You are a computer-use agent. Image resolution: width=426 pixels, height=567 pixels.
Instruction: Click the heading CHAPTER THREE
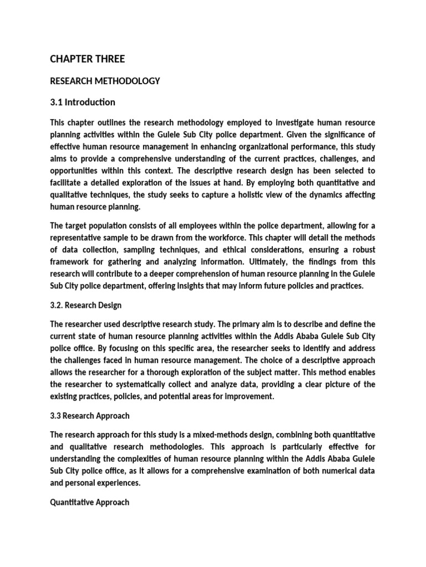point(87,59)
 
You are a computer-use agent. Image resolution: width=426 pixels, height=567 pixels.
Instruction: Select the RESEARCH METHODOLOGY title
point(105,81)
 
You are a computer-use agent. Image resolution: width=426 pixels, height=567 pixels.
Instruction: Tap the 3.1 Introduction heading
point(83,102)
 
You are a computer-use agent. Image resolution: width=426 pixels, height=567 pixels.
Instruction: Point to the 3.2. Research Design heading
point(85,305)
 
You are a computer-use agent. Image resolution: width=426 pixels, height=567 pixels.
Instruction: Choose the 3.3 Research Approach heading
point(90,416)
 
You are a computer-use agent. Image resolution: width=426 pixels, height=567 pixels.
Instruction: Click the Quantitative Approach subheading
point(89,502)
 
